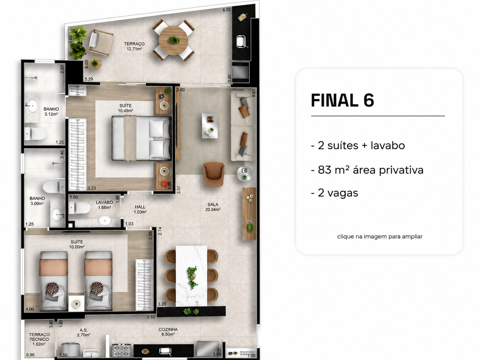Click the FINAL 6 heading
click(x=342, y=100)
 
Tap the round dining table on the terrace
click(x=173, y=40)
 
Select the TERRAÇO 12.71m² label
click(x=134, y=46)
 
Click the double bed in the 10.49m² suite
click(x=141, y=138)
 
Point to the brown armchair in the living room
click(x=214, y=174)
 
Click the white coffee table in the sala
click(x=210, y=125)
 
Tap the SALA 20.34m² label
click(x=213, y=207)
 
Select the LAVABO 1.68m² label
click(x=104, y=205)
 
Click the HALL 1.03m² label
click(x=140, y=209)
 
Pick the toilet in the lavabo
click(x=80, y=208)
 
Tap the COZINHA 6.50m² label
click(x=168, y=331)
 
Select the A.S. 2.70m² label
click(x=84, y=332)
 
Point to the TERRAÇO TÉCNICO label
click(x=39, y=337)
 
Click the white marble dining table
click(x=192, y=275)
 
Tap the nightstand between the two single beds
click(x=76, y=303)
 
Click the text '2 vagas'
click(x=334, y=193)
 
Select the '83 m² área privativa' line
click(x=367, y=170)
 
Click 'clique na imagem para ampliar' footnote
click(x=380, y=236)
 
